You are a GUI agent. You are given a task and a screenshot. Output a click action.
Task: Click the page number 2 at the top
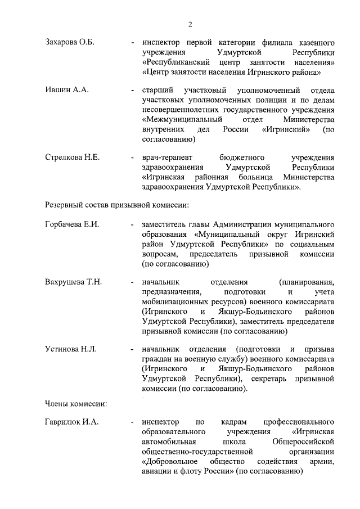tap(190, 24)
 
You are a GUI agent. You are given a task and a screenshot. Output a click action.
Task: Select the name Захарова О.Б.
tap(70, 43)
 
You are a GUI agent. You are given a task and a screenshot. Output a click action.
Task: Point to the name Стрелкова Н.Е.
tap(72, 157)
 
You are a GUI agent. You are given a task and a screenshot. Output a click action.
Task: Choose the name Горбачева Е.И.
tap(72, 224)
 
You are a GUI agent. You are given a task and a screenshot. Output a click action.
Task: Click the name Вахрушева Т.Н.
tap(73, 282)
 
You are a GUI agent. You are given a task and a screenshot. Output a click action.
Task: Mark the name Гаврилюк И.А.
tap(71, 422)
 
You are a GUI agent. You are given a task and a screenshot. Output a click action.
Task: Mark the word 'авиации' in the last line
tap(157, 472)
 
